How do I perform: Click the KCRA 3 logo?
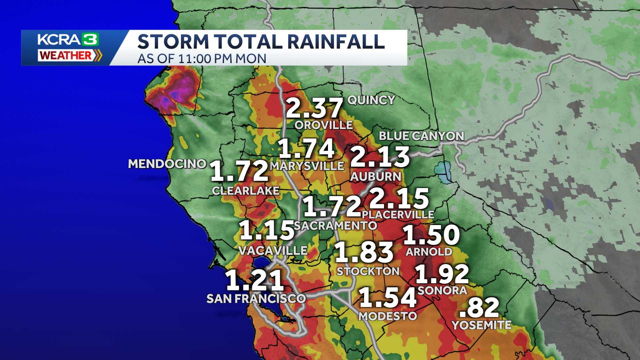(68, 40)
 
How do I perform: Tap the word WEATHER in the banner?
(65, 55)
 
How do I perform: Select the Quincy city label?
(371, 100)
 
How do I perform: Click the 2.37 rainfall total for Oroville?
(314, 108)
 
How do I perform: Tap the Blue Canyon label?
(421, 136)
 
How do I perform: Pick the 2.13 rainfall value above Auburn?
(380, 157)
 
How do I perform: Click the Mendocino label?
(167, 164)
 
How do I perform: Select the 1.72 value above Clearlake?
(240, 171)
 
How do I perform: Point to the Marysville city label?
(307, 166)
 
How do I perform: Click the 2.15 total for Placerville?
(399, 198)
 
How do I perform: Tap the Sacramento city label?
(335, 226)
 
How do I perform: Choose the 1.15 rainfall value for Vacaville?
(267, 230)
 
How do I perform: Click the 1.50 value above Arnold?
(432, 235)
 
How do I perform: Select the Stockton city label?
(368, 271)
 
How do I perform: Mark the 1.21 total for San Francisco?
(255, 281)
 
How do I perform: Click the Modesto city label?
(388, 316)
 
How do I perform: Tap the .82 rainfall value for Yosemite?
(479, 308)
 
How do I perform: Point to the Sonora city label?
(442, 290)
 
